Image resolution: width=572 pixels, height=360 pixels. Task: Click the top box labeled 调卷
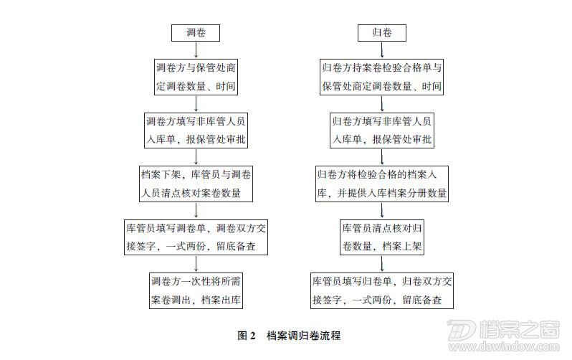tap(196, 33)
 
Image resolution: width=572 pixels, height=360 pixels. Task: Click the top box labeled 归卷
tap(381, 33)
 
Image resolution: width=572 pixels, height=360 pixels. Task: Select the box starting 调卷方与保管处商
tap(196, 77)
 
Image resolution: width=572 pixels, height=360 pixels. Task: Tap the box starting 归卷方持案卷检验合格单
tap(381, 77)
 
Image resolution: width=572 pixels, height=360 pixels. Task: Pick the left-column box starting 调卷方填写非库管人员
tap(196, 131)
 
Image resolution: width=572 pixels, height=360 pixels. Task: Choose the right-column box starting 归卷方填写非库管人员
tap(382, 131)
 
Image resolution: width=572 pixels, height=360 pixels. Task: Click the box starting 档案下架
tap(196, 184)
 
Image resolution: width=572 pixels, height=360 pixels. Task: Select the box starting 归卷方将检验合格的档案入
tap(382, 184)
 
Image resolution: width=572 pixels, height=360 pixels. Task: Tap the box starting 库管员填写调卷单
tap(196, 237)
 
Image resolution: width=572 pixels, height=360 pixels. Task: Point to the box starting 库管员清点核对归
tap(382, 237)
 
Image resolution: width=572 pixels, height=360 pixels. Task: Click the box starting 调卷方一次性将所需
tap(196, 290)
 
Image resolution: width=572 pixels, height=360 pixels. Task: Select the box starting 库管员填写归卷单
tap(382, 290)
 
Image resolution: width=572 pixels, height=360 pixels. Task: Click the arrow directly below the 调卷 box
tap(196, 50)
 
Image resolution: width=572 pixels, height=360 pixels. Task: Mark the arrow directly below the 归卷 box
tap(382, 50)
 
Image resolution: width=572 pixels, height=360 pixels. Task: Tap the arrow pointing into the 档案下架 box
tap(196, 157)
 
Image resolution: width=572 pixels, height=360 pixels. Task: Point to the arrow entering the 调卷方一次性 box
tap(196, 264)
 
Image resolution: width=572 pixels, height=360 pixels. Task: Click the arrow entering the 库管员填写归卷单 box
tap(382, 264)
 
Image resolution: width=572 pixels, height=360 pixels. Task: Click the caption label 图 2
tap(247, 336)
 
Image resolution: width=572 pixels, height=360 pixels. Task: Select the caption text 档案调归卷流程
tap(303, 336)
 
